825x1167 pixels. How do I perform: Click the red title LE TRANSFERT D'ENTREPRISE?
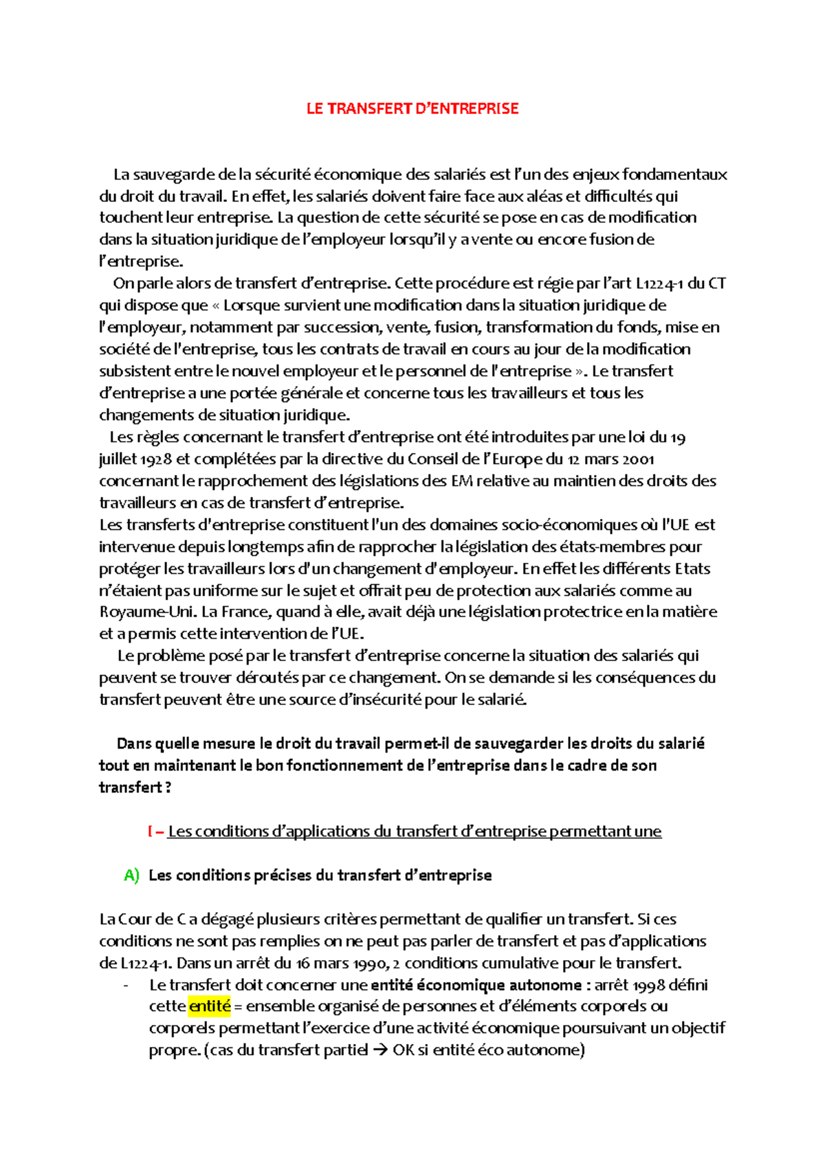coord(412,109)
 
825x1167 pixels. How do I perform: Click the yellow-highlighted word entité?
coord(210,1006)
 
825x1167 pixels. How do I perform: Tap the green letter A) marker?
coord(131,875)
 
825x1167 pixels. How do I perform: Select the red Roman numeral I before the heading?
coord(150,832)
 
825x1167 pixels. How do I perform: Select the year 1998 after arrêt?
coord(650,985)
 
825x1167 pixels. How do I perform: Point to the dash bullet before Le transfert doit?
coord(125,985)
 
